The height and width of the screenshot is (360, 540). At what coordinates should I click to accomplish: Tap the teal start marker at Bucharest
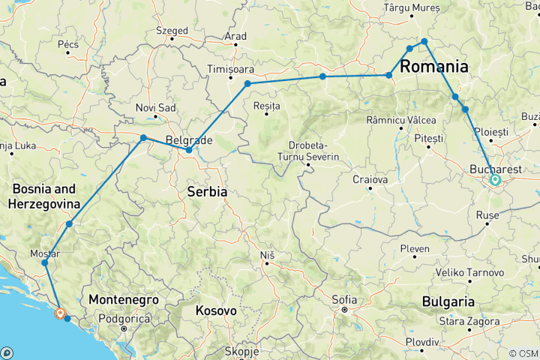[x=495, y=180]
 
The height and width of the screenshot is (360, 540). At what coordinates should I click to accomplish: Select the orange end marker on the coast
[x=59, y=313]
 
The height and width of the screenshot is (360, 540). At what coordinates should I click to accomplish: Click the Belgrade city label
[x=182, y=140]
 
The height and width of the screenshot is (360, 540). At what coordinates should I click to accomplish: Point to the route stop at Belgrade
[x=189, y=150]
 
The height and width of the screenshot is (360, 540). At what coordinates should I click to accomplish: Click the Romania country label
[x=434, y=67]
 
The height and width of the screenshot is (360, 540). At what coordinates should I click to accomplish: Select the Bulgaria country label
[x=447, y=302]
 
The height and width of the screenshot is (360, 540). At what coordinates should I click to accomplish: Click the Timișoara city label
[x=232, y=69]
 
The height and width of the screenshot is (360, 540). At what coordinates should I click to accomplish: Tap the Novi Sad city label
[x=155, y=108]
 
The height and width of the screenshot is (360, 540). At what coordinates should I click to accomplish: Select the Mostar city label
[x=44, y=253]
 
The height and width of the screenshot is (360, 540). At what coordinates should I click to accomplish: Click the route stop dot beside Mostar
[x=45, y=263]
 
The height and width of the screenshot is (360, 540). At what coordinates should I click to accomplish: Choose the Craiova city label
[x=370, y=180]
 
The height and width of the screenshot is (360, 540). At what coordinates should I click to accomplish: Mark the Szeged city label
[x=172, y=31]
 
